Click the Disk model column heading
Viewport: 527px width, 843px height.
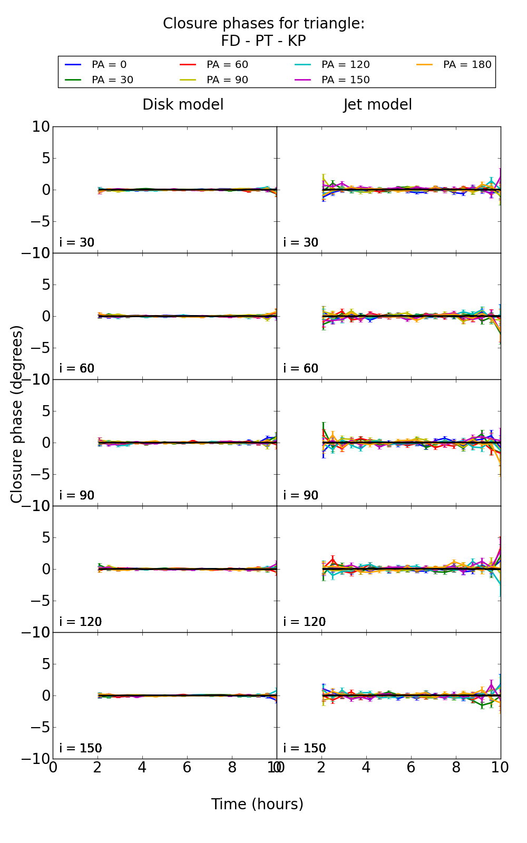click(183, 105)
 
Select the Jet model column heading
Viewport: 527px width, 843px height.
click(377, 105)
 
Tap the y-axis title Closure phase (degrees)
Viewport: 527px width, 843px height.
click(17, 414)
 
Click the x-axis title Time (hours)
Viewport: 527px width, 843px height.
click(257, 805)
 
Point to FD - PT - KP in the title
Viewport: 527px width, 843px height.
click(263, 41)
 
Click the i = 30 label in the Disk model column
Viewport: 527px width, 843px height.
click(77, 243)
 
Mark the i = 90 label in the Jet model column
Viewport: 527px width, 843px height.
click(301, 495)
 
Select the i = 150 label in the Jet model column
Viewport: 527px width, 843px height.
click(304, 748)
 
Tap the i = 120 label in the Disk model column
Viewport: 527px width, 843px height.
click(80, 622)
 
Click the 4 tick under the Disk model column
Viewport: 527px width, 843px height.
click(142, 768)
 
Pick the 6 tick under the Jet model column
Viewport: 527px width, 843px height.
click(411, 768)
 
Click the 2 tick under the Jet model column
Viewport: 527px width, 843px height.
click(321, 768)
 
